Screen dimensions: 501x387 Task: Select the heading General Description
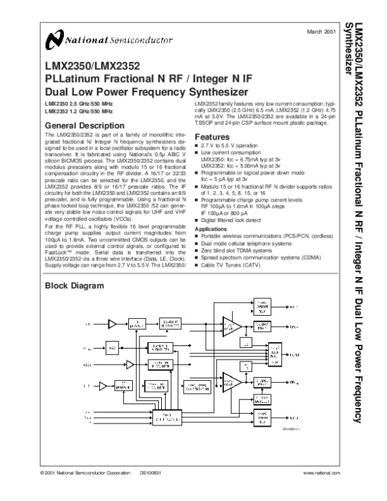[x=83, y=125]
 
